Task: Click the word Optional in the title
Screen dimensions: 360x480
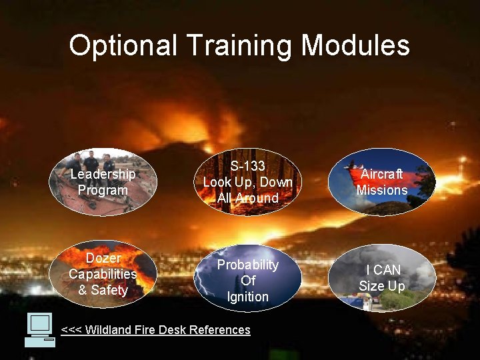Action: [x=123, y=46]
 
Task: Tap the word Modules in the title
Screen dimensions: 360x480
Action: [x=355, y=46]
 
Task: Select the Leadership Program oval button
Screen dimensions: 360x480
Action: [x=103, y=182]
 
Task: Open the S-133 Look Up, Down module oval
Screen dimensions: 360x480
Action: [x=248, y=181]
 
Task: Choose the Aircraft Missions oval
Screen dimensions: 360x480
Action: [x=382, y=182]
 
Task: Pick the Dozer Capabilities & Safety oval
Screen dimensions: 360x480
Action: [x=103, y=274]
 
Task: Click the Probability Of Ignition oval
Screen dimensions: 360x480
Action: [x=248, y=280]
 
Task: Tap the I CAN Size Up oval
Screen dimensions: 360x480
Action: [x=382, y=278]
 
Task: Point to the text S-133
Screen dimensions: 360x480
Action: [x=248, y=166]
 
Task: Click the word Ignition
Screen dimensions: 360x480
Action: [x=248, y=297]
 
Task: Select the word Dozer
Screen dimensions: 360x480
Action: [x=103, y=258]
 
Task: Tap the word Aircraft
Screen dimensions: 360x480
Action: [x=382, y=174]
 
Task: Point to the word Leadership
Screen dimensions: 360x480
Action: [x=103, y=174]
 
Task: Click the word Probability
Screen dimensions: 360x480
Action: [x=248, y=265]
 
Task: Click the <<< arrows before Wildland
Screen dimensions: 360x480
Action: [x=69, y=329]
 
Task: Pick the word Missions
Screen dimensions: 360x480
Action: [x=382, y=190]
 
